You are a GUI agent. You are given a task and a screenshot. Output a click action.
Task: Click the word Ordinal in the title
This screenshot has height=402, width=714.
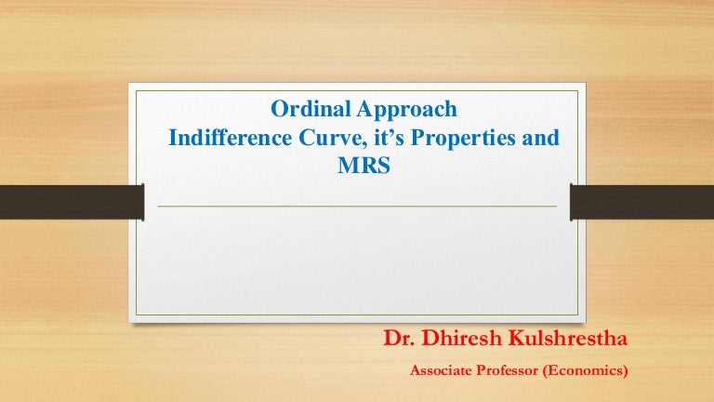[x=311, y=109]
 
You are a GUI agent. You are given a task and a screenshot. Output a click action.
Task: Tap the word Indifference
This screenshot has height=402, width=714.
[x=230, y=137]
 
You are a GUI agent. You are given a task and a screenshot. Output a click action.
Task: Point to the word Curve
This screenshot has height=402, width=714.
[x=331, y=138]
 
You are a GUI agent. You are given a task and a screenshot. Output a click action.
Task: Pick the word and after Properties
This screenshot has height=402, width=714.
[x=540, y=137]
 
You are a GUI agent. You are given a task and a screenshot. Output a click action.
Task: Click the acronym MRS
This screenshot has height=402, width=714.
[x=364, y=165]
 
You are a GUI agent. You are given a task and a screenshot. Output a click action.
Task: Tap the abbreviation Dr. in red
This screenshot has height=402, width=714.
[x=399, y=338]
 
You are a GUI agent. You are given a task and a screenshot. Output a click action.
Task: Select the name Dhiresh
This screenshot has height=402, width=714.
[x=462, y=338]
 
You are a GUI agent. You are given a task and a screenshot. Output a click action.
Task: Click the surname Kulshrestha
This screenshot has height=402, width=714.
[x=567, y=338]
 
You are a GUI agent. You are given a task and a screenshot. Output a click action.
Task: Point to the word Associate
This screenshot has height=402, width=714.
[x=441, y=370]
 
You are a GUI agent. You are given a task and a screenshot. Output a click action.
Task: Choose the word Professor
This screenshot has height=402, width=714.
[x=507, y=370]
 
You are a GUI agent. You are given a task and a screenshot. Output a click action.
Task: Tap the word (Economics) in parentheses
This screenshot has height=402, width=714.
[x=585, y=370]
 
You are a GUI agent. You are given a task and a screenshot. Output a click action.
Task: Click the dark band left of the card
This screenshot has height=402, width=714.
[x=72, y=202]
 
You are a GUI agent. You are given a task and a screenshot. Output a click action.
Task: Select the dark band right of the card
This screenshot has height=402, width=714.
[x=642, y=202]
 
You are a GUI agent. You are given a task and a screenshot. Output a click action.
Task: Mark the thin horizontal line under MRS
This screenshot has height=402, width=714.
[x=357, y=207]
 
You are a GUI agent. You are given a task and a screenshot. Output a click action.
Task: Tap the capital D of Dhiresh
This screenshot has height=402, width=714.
[x=430, y=338]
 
